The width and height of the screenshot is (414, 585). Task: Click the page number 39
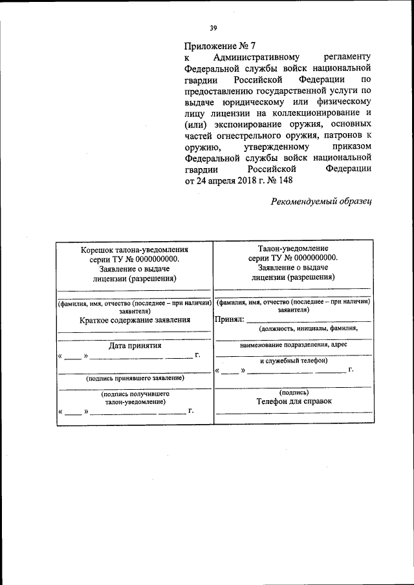pos(213,27)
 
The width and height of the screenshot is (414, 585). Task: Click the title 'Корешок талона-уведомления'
pos(134,250)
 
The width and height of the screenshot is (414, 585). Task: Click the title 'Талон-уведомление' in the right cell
pos(293,248)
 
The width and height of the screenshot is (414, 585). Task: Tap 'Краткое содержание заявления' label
pos(135,319)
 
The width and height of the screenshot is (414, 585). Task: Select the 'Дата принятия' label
pos(135,345)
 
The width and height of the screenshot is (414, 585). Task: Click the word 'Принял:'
pos(229,319)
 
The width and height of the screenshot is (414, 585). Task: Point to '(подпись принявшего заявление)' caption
pos(135,378)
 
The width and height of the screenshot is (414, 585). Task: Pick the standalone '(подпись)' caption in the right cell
pos(294,392)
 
